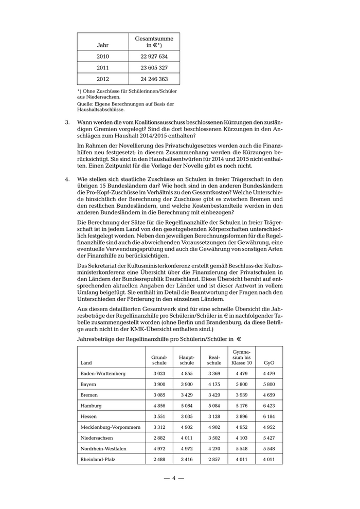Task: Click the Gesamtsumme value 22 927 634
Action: pyautogui.click(x=154, y=56)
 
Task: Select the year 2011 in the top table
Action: pyautogui.click(x=103, y=67)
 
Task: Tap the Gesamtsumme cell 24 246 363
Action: pyautogui.click(x=154, y=79)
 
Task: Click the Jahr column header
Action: pyautogui.click(x=103, y=45)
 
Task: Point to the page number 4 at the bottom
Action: pyautogui.click(x=174, y=478)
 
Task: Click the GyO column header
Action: pyautogui.click(x=268, y=362)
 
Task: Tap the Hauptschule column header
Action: pyautogui.click(x=187, y=359)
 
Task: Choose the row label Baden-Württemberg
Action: pyautogui.click(x=103, y=373)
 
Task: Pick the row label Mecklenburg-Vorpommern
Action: pyautogui.click(x=110, y=427)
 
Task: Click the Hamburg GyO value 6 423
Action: pyautogui.click(x=268, y=406)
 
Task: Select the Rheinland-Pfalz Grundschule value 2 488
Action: pyautogui.click(x=159, y=459)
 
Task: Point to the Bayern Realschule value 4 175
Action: pyautogui.click(x=214, y=384)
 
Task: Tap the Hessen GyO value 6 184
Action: pyautogui.click(x=268, y=416)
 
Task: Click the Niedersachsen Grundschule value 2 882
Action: pyautogui.click(x=159, y=438)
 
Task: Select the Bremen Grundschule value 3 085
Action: pyautogui.click(x=159, y=395)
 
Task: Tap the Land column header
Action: pyautogui.click(x=86, y=362)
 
